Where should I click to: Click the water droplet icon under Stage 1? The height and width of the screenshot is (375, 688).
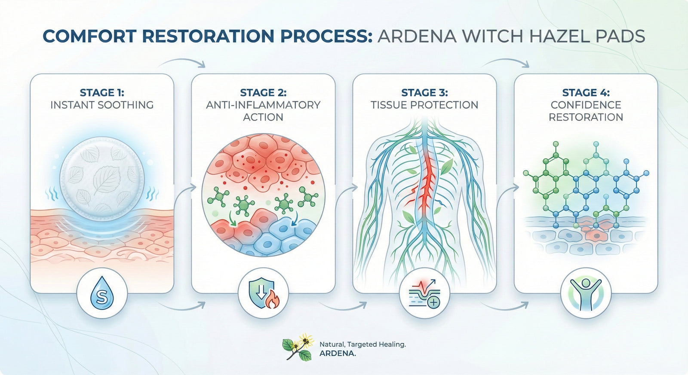point(102,293)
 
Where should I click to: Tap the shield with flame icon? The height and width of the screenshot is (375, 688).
point(264,293)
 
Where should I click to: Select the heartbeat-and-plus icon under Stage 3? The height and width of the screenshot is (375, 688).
point(424,293)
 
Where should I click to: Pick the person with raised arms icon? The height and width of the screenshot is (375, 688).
point(586,293)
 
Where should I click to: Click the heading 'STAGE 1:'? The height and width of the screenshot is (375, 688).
point(102,93)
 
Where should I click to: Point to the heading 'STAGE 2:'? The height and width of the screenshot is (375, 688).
point(263,93)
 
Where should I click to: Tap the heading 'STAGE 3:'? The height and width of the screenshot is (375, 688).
point(424,93)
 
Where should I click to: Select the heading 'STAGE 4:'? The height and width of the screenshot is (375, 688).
point(586,93)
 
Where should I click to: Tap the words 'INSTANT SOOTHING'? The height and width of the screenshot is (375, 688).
point(102,105)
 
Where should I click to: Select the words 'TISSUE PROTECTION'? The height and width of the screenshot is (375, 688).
point(424,105)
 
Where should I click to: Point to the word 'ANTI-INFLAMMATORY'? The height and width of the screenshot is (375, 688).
point(263,105)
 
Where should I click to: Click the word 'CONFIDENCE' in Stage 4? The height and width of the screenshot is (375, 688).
point(586,105)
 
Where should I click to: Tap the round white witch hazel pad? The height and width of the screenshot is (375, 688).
point(102,178)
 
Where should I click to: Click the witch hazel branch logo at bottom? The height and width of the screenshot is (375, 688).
point(298,347)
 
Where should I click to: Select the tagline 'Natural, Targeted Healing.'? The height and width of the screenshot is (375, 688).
point(362,344)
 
